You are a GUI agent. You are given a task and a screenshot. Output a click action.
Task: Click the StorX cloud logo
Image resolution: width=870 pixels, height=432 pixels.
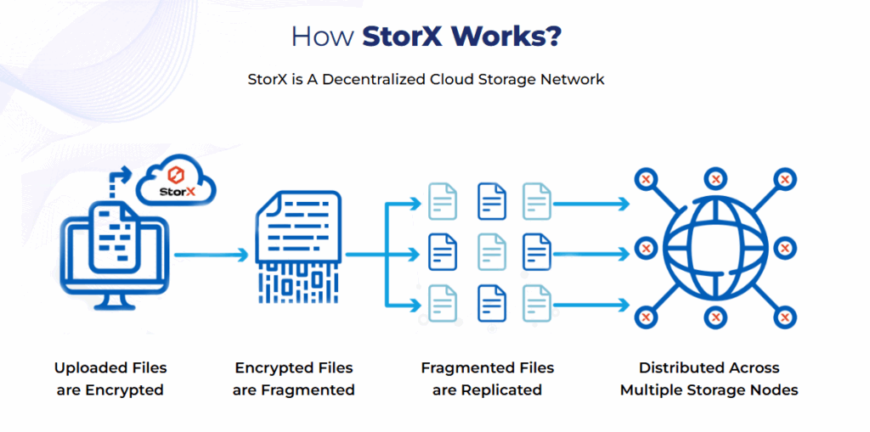[x=177, y=181]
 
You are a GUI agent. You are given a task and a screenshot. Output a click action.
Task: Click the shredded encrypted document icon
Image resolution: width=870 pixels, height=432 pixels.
[x=297, y=245]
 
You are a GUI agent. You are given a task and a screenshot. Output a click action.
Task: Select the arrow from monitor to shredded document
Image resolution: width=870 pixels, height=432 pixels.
[x=212, y=254]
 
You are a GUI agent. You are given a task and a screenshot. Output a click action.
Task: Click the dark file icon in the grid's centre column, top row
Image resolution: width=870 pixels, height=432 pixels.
[x=491, y=199]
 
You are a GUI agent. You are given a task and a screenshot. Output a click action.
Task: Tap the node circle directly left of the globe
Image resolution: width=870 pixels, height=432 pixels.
[x=647, y=249]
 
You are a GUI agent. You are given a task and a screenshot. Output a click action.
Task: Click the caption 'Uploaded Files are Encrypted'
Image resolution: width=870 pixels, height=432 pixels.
[x=110, y=379]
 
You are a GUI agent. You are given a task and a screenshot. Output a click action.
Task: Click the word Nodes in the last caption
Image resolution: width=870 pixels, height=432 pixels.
[x=776, y=390]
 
